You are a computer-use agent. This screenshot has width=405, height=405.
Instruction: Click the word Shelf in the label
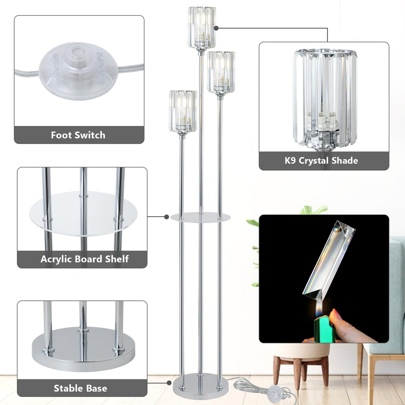point(117,259)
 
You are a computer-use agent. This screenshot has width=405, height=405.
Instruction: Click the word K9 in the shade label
point(290,160)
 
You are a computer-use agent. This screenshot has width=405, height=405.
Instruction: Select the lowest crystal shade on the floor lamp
point(183,112)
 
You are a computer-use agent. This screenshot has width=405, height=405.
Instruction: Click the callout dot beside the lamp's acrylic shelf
point(166,216)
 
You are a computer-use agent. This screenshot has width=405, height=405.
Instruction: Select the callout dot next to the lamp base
point(169,383)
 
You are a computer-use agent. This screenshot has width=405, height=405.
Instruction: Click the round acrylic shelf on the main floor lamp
point(200,217)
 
